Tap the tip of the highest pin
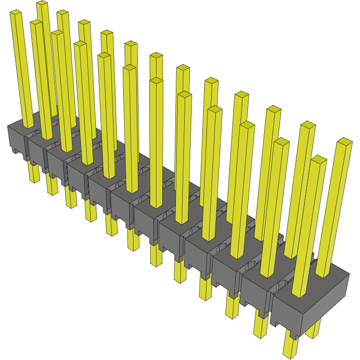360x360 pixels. click(x=42, y=4)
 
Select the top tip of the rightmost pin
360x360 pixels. click(x=344, y=141)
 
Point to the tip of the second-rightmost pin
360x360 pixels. click(x=319, y=159)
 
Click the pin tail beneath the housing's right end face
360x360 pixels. click(x=313, y=328)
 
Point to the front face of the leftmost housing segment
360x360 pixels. click(x=16, y=138)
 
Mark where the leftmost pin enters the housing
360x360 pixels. click(x=28, y=125)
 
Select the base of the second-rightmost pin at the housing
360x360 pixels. click(x=299, y=294)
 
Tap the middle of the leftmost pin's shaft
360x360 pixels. click(x=22, y=70)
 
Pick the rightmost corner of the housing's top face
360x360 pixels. click(x=349, y=275)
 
